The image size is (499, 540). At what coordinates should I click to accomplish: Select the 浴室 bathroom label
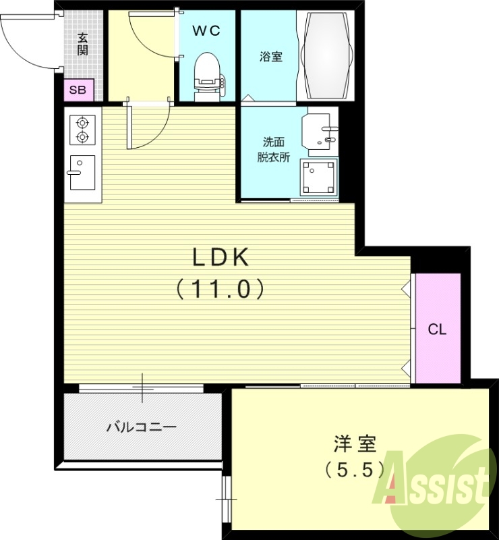pos(270,57)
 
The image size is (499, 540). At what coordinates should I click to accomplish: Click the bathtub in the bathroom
pos(327,56)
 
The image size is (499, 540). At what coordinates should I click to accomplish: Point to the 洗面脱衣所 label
pos(274,150)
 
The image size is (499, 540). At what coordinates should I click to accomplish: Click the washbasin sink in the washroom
pos(320,132)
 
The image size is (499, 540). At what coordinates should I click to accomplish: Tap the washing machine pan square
pos(319,177)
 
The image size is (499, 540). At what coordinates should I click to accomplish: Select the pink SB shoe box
pos(78,90)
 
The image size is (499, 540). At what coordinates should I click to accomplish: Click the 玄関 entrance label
pos(82,45)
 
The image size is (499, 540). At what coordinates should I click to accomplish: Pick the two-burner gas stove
pos(83,130)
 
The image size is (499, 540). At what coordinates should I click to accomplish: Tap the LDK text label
pos(221,256)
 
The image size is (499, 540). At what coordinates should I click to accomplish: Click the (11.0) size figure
pos(220,290)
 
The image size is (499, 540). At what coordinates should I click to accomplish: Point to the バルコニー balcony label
pos(142,427)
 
